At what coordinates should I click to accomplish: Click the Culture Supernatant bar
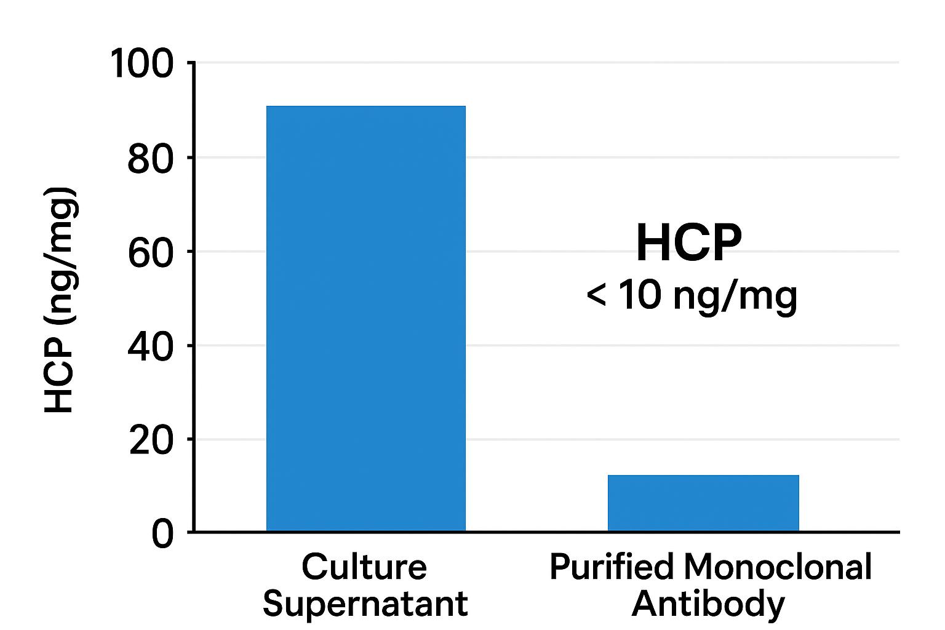[366, 318]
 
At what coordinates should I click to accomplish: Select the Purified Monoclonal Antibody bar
[703, 503]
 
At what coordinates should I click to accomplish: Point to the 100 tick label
[142, 64]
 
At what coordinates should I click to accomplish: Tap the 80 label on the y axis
[150, 159]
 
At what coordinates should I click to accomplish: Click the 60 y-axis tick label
[150, 253]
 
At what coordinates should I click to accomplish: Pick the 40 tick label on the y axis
[150, 347]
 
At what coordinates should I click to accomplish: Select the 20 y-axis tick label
[151, 441]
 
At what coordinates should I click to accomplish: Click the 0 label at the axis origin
[162, 534]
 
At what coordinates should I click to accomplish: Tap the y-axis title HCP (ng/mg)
[60, 299]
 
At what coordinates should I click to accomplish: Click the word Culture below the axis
[364, 567]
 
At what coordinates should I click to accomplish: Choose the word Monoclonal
[778, 567]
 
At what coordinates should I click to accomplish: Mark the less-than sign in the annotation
[597, 295]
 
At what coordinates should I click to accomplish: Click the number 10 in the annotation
[640, 295]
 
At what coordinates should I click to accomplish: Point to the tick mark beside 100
[190, 63]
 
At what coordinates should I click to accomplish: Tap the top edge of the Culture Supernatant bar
[366, 106]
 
